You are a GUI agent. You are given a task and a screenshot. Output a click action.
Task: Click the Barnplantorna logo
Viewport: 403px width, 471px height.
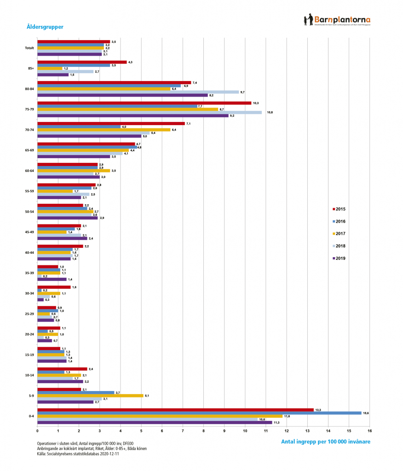pos(338,21)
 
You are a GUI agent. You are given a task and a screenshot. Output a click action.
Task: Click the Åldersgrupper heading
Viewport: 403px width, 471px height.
pos(45,27)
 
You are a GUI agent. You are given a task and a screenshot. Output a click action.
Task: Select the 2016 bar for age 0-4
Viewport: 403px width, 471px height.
pos(199,413)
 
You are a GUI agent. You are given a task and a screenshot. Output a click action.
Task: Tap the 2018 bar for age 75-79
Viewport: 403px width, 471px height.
pos(150,112)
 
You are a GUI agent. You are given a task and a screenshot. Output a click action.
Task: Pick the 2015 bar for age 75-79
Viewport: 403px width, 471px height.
pos(144,103)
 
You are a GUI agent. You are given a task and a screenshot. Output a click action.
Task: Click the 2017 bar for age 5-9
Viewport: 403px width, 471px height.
pos(90,396)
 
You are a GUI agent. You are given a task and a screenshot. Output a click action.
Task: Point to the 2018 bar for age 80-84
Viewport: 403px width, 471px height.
pos(138,92)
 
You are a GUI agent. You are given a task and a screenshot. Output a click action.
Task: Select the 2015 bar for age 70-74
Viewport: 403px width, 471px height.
pos(111,123)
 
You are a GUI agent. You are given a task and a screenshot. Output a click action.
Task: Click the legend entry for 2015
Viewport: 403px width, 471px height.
pos(340,209)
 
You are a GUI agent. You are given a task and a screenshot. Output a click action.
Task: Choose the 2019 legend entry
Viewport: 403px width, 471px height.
pos(340,258)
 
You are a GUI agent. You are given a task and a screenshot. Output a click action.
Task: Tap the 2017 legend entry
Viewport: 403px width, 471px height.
pos(340,234)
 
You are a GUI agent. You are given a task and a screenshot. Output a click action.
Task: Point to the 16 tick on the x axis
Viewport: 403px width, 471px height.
pos(369,431)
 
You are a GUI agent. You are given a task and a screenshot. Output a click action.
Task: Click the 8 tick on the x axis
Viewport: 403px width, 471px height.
pos(203,431)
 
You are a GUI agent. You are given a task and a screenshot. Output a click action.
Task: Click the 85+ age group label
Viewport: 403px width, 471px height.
pos(31,69)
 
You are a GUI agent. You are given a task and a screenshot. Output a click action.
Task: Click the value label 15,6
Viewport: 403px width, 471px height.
pos(366,413)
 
